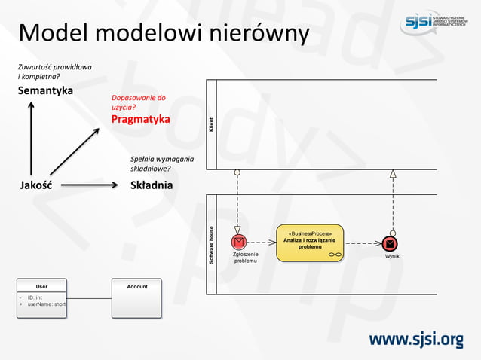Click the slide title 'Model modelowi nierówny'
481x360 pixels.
tap(164, 33)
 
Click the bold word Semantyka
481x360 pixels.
tap(46, 90)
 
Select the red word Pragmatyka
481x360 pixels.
tap(140, 119)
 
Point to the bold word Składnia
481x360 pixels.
tap(152, 185)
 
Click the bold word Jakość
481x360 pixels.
tap(35, 185)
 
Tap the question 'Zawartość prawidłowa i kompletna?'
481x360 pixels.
tap(54, 72)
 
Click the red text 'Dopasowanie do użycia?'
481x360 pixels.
tap(138, 103)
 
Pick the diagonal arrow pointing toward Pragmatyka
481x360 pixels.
tap(74, 151)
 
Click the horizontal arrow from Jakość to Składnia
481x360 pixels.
tap(89, 185)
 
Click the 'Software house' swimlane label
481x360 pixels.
tap(211, 244)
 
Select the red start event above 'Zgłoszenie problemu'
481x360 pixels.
tap(239, 242)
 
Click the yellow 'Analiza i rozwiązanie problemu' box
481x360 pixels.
tap(310, 243)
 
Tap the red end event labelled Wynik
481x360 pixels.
tap(390, 243)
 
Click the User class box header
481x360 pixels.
tap(42, 286)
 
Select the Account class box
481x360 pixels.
tap(136, 299)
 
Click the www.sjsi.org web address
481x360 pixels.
tap(415, 340)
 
